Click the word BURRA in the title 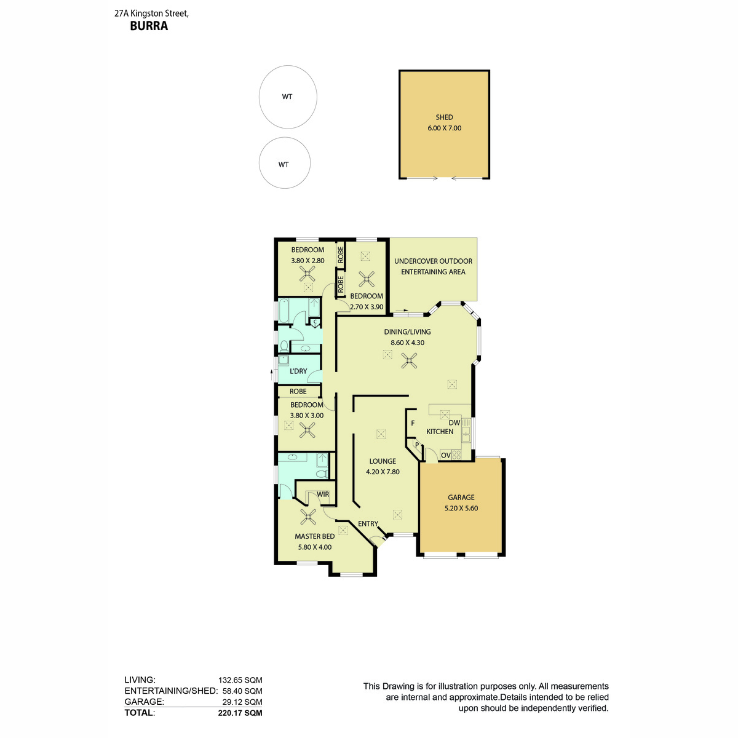coord(149,26)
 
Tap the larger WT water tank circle coord(288,97)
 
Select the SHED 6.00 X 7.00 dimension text coord(444,128)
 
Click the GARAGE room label coord(461,498)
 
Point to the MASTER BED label coord(314,536)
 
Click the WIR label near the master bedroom coord(323,494)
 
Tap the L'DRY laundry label coord(298,371)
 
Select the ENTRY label coord(368,524)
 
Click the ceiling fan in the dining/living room coord(409,360)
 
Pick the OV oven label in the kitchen coord(445,456)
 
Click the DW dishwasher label coord(454,423)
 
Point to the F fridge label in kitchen coord(413,424)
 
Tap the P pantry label coord(416,445)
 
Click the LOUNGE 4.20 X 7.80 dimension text coord(383,472)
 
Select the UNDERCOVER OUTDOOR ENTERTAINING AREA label coord(433,266)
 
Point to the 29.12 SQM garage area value coord(242,702)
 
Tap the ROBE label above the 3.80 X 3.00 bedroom coord(298,391)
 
